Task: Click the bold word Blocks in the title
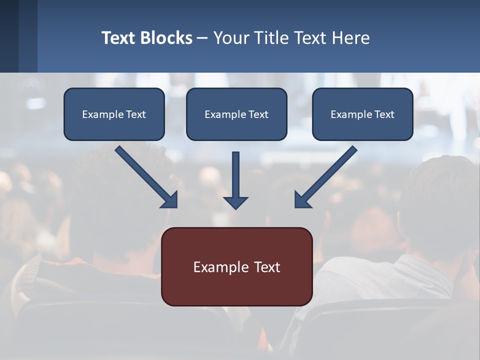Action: [x=166, y=38]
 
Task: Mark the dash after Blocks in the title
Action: [x=202, y=38]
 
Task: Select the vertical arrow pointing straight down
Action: [x=235, y=175]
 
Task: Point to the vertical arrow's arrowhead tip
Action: [x=235, y=207]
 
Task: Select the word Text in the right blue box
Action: [x=384, y=114]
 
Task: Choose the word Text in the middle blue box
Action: [x=258, y=114]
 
